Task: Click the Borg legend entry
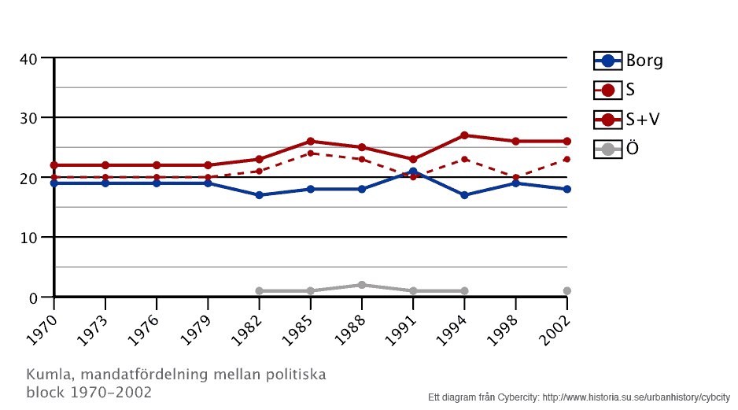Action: [628, 61]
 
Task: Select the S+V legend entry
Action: [628, 119]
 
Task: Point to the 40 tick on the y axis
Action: [29, 58]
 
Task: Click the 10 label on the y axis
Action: [29, 238]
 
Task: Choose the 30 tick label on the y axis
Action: [29, 118]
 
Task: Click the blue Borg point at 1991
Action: [413, 172]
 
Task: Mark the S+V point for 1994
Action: [464, 135]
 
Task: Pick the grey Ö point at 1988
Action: [362, 285]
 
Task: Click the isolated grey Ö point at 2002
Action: [566, 291]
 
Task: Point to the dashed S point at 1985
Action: [311, 153]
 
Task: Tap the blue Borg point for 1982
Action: [259, 195]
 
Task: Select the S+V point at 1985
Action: [311, 142]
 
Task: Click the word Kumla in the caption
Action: [45, 375]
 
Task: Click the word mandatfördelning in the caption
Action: [138, 375]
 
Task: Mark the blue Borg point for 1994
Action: [464, 195]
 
